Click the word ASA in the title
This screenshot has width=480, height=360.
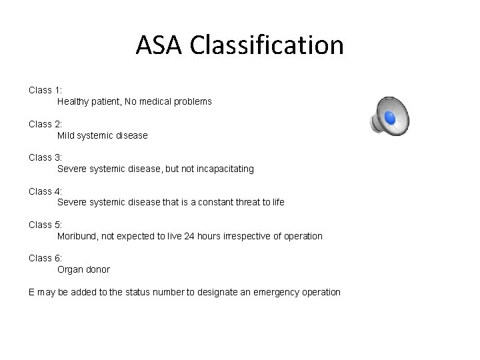[160, 45]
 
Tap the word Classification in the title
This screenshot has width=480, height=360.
[267, 45]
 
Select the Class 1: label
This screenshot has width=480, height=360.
[45, 89]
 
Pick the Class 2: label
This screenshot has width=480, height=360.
[45, 123]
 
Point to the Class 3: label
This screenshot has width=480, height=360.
[45, 157]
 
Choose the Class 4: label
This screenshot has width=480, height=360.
[45, 191]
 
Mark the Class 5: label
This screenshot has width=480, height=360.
[45, 225]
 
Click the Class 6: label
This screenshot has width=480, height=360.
[45, 258]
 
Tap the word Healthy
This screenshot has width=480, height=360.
[73, 102]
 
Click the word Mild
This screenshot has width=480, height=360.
[67, 135]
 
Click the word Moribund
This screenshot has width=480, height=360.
[77, 236]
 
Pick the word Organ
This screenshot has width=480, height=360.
[70, 270]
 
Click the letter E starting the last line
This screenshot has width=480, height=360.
[32, 292]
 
